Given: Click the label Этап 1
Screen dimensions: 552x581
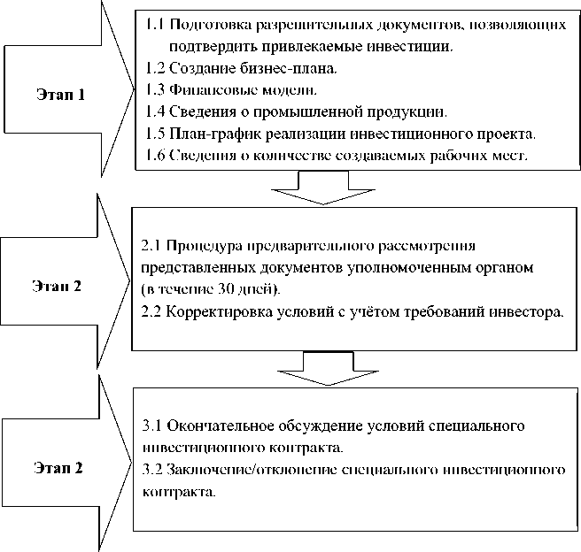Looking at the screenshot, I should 61,95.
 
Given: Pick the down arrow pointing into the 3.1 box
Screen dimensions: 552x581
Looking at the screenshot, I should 316,367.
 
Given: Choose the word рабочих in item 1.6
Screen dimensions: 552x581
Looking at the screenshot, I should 454,157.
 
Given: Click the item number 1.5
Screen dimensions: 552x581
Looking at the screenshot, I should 154,134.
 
